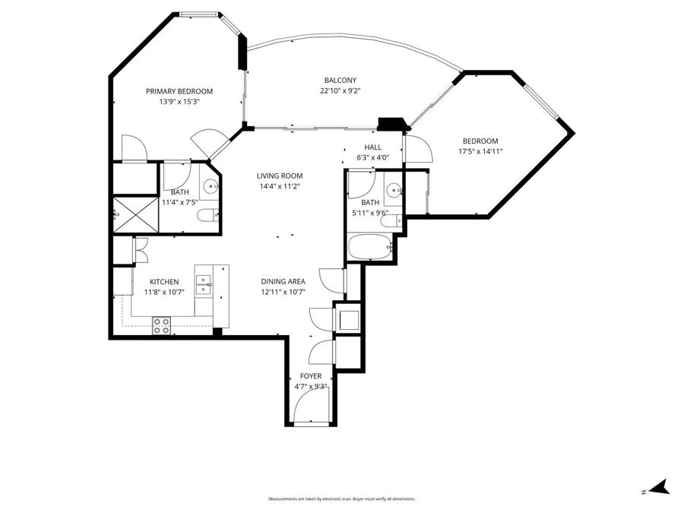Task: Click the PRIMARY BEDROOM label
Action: coord(179,91)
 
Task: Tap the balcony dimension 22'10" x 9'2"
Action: coord(340,90)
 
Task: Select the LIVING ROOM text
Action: coord(280,175)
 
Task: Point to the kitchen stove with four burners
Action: coord(162,325)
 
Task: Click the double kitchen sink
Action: coord(203,285)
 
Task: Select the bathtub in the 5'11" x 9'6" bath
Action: coord(369,246)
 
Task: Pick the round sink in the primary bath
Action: coord(210,185)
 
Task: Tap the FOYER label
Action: coord(311,376)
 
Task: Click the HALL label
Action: coord(372,147)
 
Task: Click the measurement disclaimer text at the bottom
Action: coord(342,499)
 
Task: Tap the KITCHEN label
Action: coord(163,281)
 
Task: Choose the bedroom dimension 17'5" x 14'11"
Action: coord(480,151)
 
